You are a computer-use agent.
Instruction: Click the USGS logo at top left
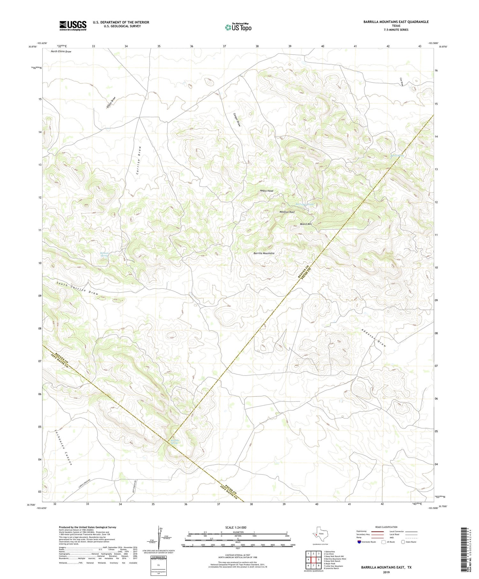pos(73,26)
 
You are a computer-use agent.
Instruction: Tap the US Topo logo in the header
pos(238,27)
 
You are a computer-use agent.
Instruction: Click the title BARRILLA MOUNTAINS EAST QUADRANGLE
pos(396,22)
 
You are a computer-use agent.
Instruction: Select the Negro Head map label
pos(266,191)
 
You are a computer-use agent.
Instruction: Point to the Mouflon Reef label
pos(287,212)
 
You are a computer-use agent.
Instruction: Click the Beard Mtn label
pos(306,224)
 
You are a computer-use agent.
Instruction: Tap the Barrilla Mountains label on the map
pos(264,253)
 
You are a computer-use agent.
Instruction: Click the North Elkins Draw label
pos(61,51)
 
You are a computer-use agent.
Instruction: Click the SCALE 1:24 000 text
pos(236,527)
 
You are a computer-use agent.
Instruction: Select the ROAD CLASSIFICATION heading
pos(386,527)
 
